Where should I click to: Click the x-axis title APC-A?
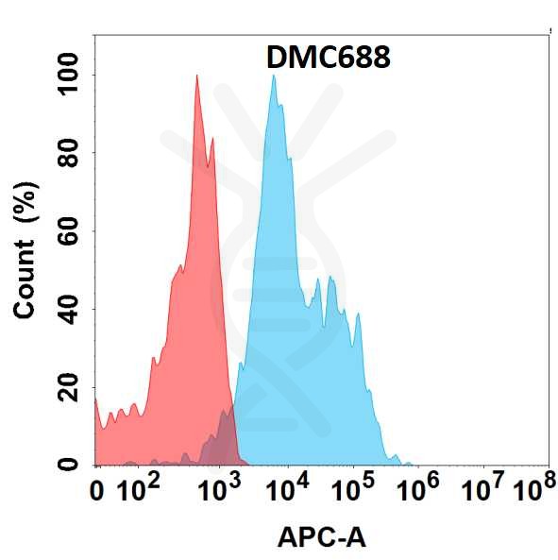click(321, 538)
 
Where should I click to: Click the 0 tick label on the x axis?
click(96, 492)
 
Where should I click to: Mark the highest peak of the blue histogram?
click(274, 76)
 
